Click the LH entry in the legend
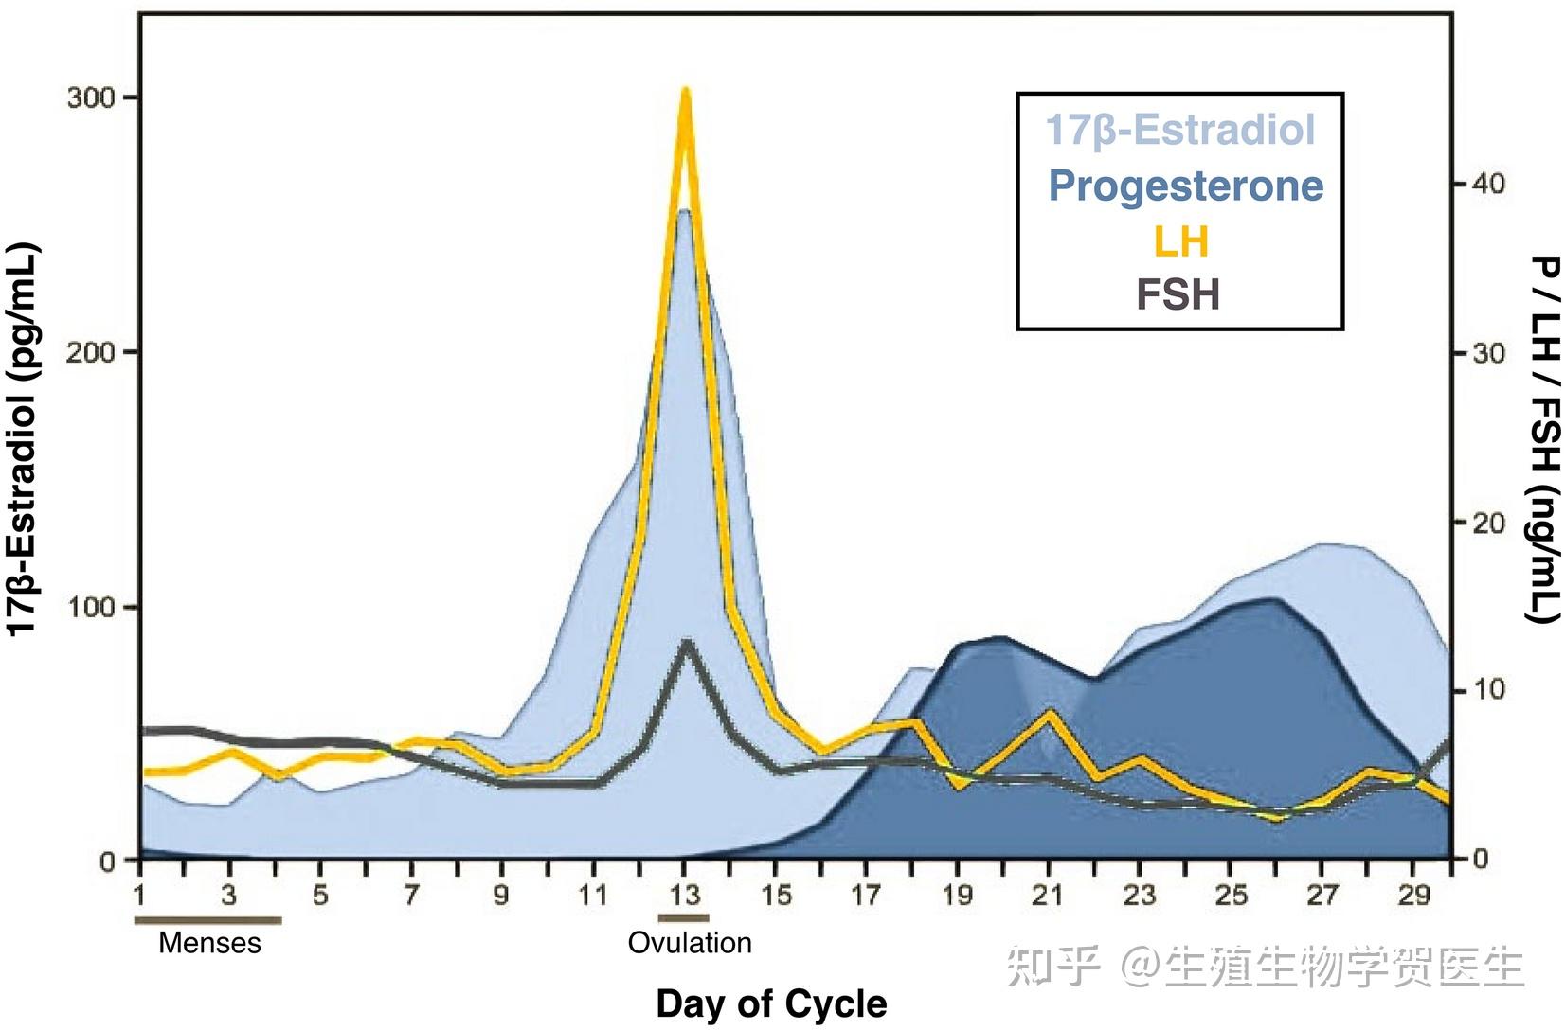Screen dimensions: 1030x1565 [1180, 241]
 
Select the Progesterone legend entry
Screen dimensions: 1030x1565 [1185, 186]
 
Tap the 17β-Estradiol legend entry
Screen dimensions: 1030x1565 [1180, 130]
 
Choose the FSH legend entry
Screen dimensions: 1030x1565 [1178, 294]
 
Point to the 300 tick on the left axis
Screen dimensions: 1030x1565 [90, 98]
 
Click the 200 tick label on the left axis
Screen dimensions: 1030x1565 [90, 352]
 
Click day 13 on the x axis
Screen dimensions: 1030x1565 [685, 895]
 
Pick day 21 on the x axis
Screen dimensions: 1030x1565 [1048, 895]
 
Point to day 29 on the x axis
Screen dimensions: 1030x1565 [1412, 895]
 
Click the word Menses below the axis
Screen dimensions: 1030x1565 [209, 943]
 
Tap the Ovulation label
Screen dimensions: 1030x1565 [690, 943]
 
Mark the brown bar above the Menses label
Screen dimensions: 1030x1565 [208, 918]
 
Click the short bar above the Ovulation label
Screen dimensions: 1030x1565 [684, 917]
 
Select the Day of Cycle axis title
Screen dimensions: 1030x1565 [771, 1003]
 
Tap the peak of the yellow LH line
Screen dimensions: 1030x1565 [686, 92]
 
